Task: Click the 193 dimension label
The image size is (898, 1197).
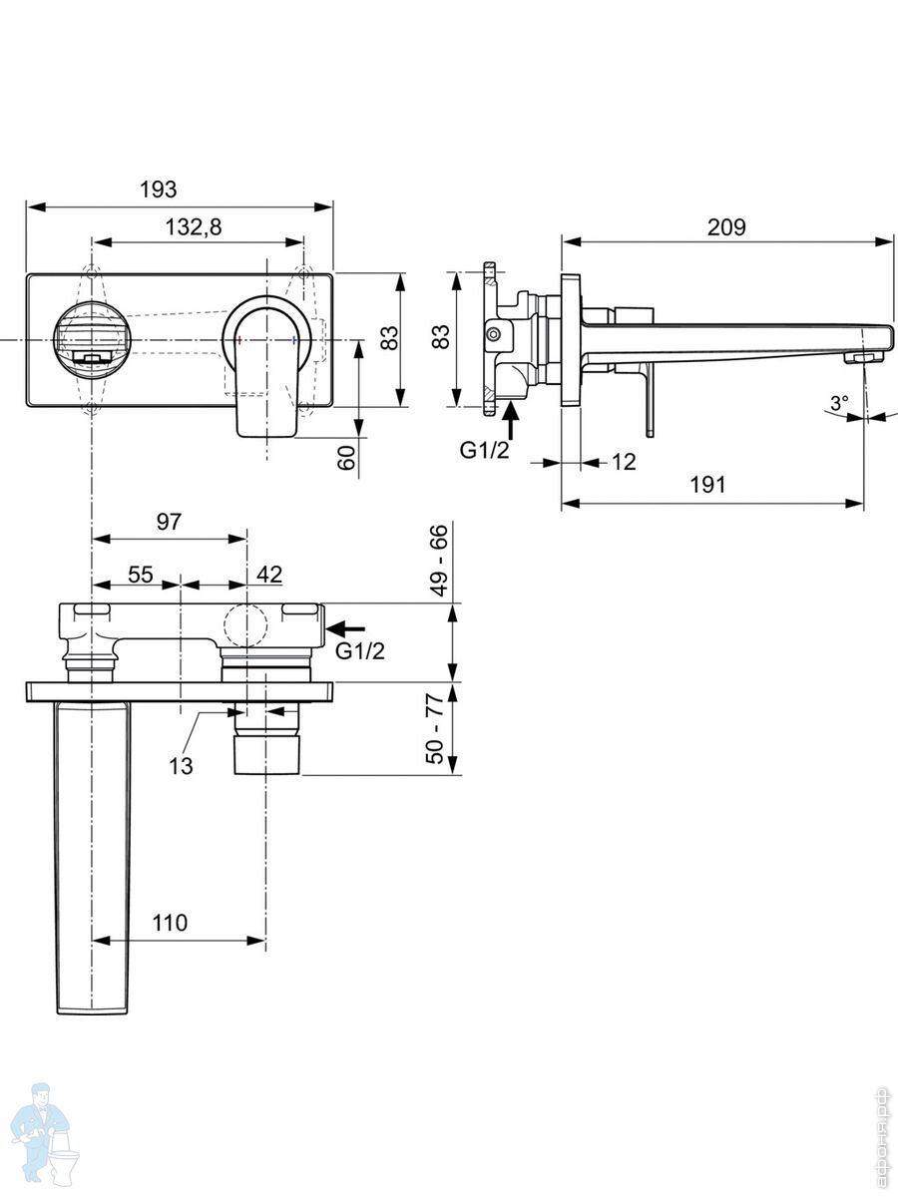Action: [157, 190]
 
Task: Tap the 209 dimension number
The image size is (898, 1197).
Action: [726, 226]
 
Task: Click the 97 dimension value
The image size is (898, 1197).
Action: [169, 522]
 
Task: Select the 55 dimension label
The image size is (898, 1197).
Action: [140, 574]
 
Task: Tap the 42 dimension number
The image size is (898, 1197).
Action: [268, 574]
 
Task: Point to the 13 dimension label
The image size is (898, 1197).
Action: [181, 766]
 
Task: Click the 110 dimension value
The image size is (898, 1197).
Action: [170, 923]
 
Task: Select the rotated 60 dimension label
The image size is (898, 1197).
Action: [347, 459]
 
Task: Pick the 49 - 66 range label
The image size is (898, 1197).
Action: [439, 561]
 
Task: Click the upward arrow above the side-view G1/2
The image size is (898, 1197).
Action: [512, 417]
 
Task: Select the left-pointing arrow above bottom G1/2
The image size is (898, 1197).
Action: [347, 628]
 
